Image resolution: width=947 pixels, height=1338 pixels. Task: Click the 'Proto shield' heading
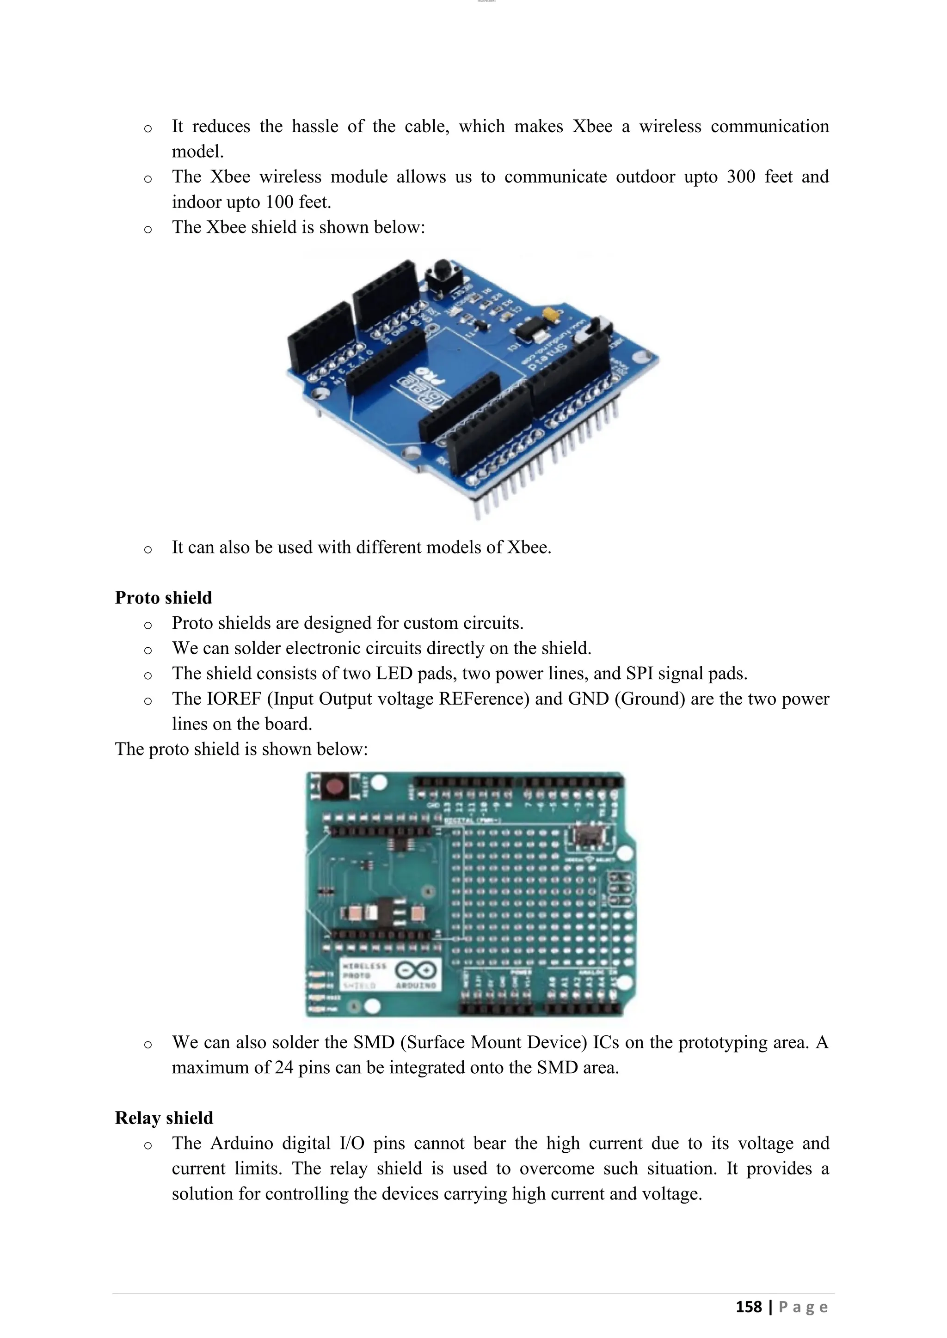coord(163,598)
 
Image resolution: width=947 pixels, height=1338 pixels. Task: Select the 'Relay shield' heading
coord(164,1118)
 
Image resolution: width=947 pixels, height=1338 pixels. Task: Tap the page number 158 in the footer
coord(749,1307)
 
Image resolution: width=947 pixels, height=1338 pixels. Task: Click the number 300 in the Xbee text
coord(741,176)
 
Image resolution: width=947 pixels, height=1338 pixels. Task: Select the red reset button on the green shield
coord(334,787)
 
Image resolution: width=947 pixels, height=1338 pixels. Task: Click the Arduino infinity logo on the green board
coord(416,970)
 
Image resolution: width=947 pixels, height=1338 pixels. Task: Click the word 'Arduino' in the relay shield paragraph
coord(241,1143)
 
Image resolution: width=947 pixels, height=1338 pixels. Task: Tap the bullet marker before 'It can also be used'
coord(148,549)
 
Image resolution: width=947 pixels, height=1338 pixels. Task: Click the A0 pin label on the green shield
coord(552,984)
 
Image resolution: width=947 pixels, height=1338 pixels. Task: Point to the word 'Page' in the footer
coord(803,1307)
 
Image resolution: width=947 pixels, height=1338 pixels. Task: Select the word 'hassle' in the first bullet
coord(315,127)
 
